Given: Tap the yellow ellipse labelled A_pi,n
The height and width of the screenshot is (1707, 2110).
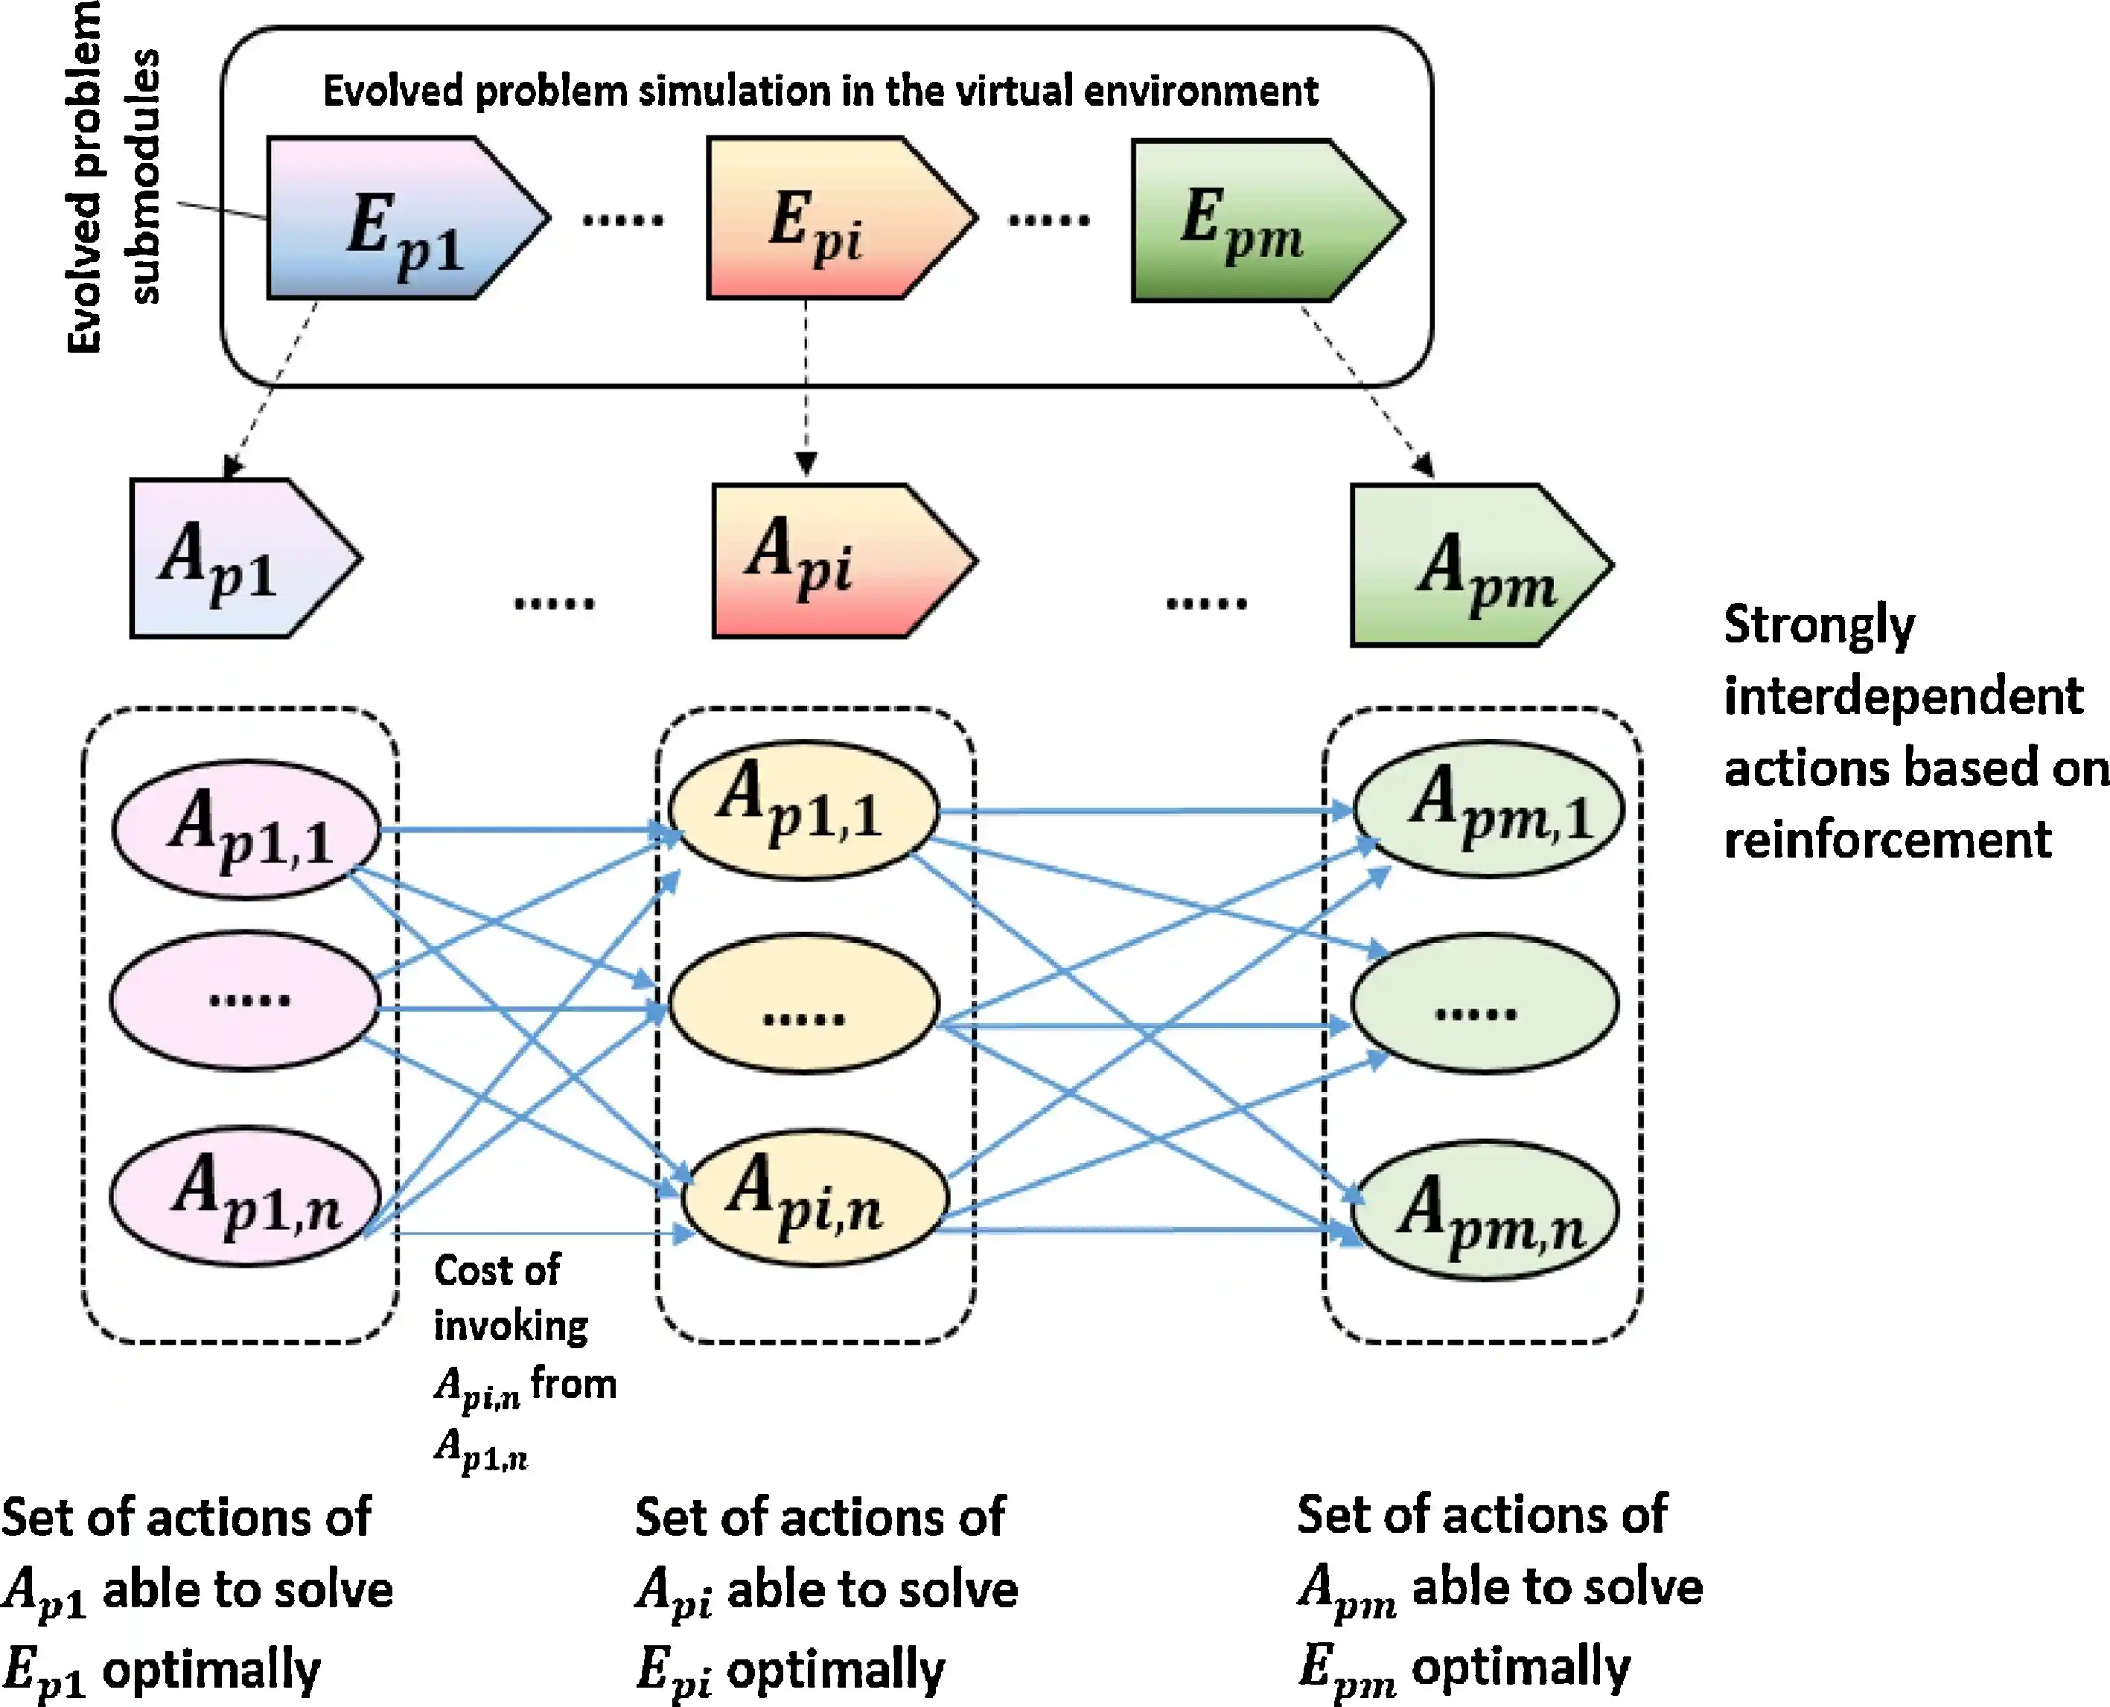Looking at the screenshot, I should click(x=814, y=1199).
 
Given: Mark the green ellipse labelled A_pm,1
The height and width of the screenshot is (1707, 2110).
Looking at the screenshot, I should click(x=1488, y=809).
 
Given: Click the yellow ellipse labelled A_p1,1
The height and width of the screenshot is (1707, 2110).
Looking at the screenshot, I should click(x=803, y=809).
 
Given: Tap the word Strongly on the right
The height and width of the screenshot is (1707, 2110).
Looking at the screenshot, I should click(x=1819, y=625).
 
